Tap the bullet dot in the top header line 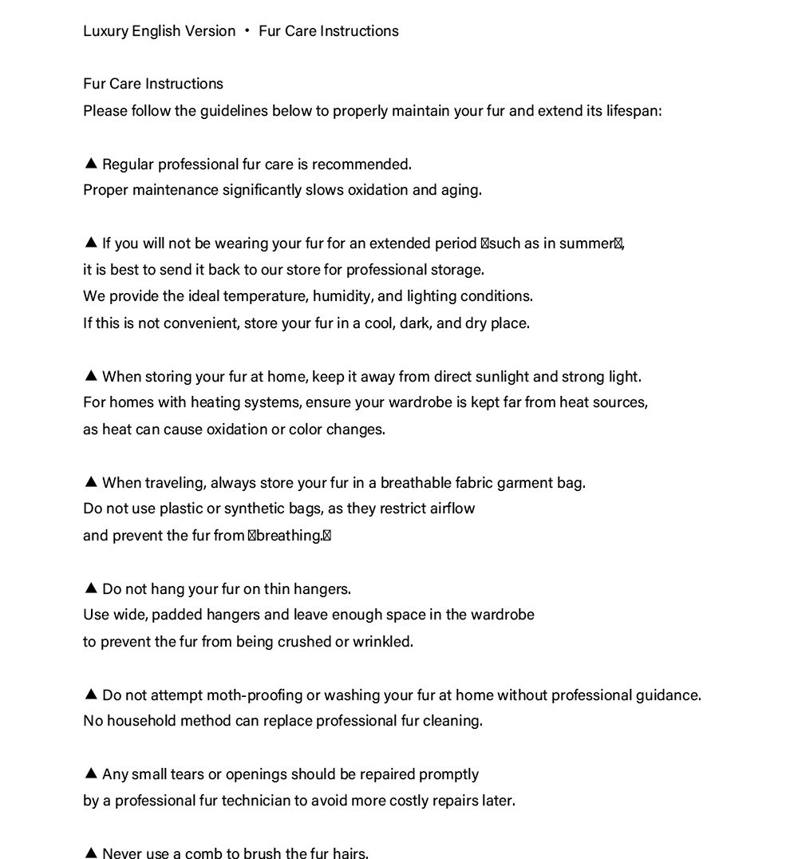coord(247,31)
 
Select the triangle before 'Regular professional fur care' coord(91,164)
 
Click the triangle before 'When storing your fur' coord(91,376)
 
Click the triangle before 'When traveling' coord(91,482)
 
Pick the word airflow coord(452,509)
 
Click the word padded coord(176,615)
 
